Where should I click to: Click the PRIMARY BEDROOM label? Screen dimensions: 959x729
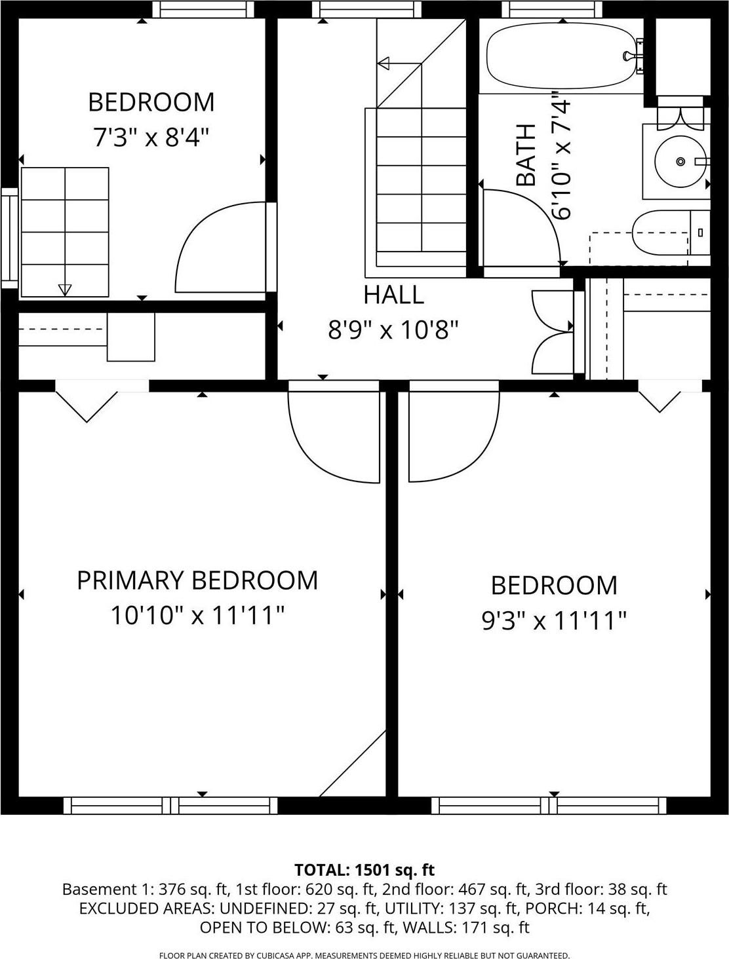click(x=197, y=580)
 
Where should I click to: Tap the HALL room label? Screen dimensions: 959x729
click(x=393, y=295)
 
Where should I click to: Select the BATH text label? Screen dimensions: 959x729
click(x=526, y=155)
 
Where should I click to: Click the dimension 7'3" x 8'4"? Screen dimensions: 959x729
click(x=151, y=138)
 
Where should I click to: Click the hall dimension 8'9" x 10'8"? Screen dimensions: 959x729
click(x=393, y=330)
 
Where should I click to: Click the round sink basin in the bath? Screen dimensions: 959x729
click(x=680, y=160)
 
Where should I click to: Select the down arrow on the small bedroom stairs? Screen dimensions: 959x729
click(x=64, y=289)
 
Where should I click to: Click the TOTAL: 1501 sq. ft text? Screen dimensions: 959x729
click(x=364, y=870)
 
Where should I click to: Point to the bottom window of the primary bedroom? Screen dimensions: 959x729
click(x=170, y=805)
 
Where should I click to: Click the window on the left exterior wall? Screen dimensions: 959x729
click(x=9, y=238)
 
